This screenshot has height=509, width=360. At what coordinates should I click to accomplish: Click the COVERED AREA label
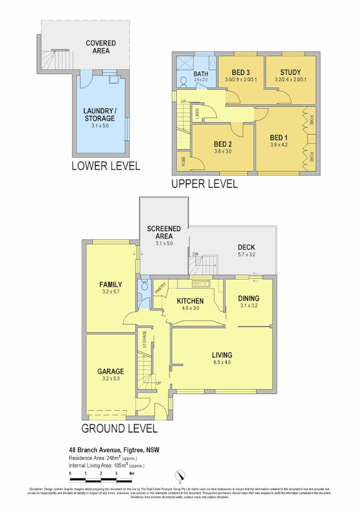pos(101,47)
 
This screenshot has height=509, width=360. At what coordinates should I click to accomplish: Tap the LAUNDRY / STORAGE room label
pos(100,115)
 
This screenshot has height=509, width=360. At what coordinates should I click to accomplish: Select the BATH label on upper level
pos(201,74)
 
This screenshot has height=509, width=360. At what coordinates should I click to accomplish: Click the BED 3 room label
pos(241,72)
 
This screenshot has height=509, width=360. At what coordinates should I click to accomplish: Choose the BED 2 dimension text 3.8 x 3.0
pos(223,151)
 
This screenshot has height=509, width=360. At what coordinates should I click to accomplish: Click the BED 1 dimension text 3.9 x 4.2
pos(279,145)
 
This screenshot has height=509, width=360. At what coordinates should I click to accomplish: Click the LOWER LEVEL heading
pos(105,166)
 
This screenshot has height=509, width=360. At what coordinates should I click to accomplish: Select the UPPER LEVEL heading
pos(204,184)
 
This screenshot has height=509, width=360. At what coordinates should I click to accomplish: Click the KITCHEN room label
pos(190,301)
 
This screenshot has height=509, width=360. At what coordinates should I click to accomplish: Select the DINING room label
pos(249,298)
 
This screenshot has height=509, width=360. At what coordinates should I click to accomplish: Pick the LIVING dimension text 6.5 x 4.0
pos(222,362)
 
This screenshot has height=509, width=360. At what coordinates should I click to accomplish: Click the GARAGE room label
pos(110,372)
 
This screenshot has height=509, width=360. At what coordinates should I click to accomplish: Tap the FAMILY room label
pos(110,285)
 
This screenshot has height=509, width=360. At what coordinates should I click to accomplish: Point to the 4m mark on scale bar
pos(132,474)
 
